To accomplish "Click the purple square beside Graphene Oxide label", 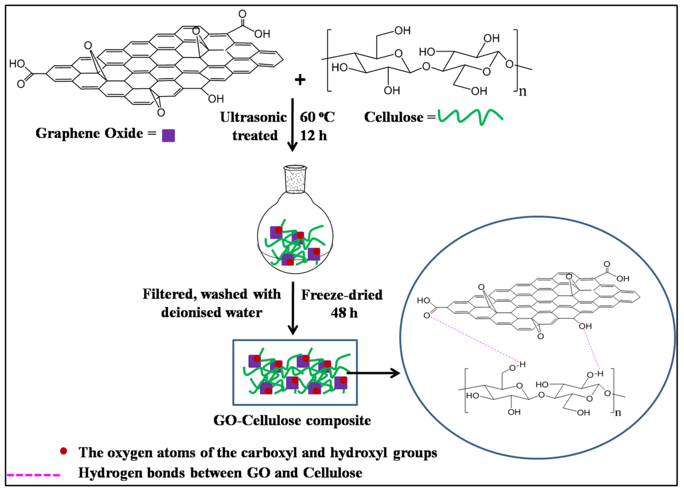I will (x=168, y=135).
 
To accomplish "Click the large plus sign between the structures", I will (x=300, y=80).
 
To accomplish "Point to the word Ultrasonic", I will (x=253, y=117).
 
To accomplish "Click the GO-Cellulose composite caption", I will (x=292, y=420).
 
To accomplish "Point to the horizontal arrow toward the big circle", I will (x=374, y=373).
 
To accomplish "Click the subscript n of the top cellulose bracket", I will (x=523, y=91).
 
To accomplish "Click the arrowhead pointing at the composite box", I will (x=292, y=330).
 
